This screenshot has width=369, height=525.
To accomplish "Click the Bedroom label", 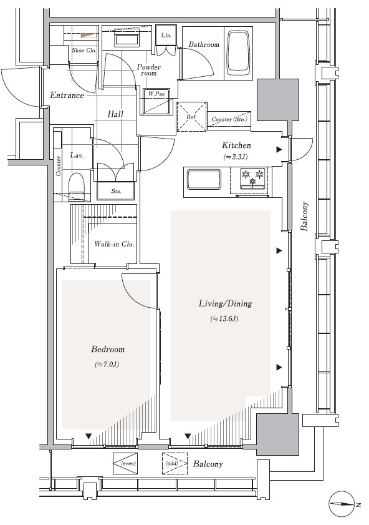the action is tap(108, 349).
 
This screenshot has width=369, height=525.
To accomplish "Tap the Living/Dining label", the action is tap(225, 303).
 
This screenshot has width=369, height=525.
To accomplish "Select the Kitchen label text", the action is tap(236, 145).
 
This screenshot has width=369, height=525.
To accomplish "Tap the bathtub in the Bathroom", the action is tap(238, 54).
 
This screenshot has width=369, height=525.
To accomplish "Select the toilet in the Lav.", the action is tap(77, 187).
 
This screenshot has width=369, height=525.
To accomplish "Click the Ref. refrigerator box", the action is tap(191, 117).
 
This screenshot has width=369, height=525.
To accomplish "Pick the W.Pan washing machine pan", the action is tap(156, 102).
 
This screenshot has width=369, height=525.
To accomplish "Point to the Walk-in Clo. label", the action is tap(114, 243).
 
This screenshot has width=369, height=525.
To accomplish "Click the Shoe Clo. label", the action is tap(84, 50).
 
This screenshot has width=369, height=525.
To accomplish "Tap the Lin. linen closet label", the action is tap(166, 35).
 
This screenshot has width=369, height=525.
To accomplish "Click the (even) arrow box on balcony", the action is tap(125, 463).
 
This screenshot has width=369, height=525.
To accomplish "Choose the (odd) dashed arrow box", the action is tap(175, 463).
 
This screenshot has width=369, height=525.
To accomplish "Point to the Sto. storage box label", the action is tap(116, 191).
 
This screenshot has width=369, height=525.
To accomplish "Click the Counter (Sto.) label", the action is tap(229, 119).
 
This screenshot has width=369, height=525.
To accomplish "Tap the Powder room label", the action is tap(148, 70).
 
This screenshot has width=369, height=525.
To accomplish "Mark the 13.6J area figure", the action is tap(224, 318).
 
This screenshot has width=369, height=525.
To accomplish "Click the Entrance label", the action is tap(67, 95).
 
